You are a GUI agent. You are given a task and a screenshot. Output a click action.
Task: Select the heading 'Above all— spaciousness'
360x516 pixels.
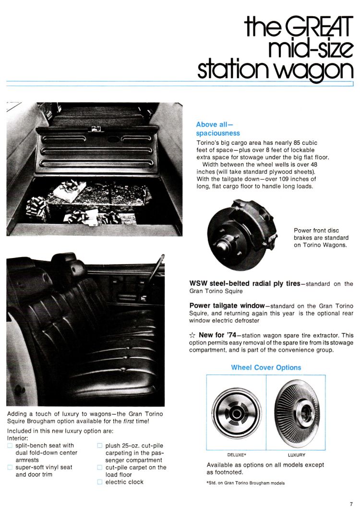[x=218, y=129]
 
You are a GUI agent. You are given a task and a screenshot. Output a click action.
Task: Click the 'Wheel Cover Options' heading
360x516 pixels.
[x=266, y=367]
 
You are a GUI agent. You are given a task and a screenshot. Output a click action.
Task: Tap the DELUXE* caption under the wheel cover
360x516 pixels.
[x=237, y=455]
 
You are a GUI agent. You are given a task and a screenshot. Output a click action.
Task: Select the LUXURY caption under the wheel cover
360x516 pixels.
[x=296, y=455]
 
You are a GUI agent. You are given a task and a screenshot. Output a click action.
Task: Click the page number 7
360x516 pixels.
[x=351, y=504]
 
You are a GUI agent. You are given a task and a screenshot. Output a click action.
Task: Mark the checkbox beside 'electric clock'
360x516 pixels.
[x=100, y=482]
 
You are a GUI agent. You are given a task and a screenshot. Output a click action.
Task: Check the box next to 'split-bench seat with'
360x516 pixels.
[x=10, y=446]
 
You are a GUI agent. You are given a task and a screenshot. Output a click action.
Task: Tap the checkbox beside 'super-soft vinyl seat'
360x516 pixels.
[x=10, y=468]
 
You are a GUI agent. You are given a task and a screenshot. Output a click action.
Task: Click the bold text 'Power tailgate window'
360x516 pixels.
[x=227, y=305]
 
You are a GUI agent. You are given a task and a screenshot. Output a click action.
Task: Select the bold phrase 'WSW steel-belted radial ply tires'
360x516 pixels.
[x=244, y=283]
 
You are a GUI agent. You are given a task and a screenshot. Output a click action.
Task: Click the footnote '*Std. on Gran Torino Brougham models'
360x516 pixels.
[x=245, y=483]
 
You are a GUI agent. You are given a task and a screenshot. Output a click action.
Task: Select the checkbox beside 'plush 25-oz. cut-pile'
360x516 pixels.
[x=100, y=446]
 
